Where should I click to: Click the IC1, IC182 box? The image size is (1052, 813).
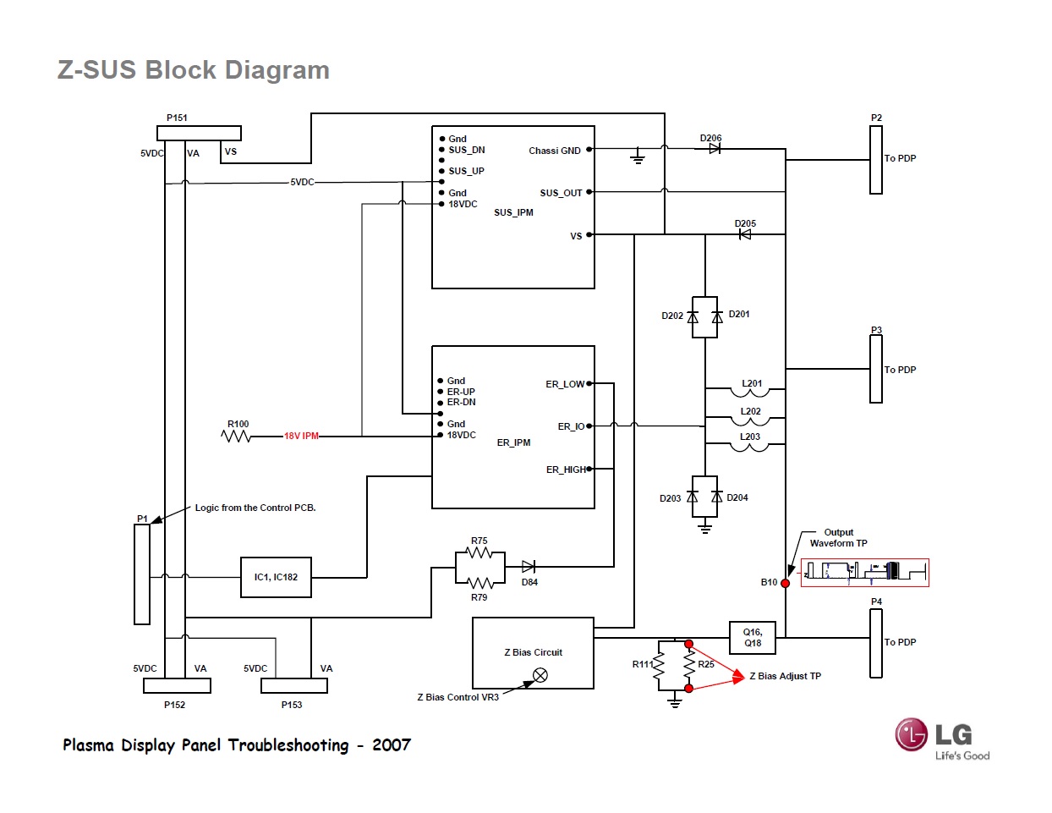(x=276, y=577)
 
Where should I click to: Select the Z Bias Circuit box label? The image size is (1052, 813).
(x=533, y=652)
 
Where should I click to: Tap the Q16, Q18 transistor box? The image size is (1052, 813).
(x=753, y=638)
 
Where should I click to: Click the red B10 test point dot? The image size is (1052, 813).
(x=786, y=583)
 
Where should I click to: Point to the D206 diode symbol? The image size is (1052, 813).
(x=715, y=148)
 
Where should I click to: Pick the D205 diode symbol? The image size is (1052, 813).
(x=745, y=234)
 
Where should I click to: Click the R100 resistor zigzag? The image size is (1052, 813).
(x=236, y=436)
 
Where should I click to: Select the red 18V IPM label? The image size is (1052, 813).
(x=301, y=436)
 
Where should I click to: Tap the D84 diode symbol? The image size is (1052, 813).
(x=529, y=567)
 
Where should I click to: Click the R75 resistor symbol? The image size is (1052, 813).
(x=479, y=552)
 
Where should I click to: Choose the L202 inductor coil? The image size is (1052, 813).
(x=750, y=420)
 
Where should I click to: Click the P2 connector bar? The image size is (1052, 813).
(x=876, y=160)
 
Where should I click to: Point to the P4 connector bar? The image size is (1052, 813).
(x=876, y=643)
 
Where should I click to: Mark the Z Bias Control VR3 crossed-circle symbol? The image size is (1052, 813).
(x=540, y=675)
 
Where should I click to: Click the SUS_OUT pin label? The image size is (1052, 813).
(x=561, y=193)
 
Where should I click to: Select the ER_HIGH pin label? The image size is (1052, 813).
(x=566, y=470)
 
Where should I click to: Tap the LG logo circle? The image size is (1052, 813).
(x=912, y=734)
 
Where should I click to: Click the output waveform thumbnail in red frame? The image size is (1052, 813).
(x=864, y=573)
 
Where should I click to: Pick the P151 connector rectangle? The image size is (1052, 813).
(x=199, y=133)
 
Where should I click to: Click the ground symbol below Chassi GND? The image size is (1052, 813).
(x=638, y=158)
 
